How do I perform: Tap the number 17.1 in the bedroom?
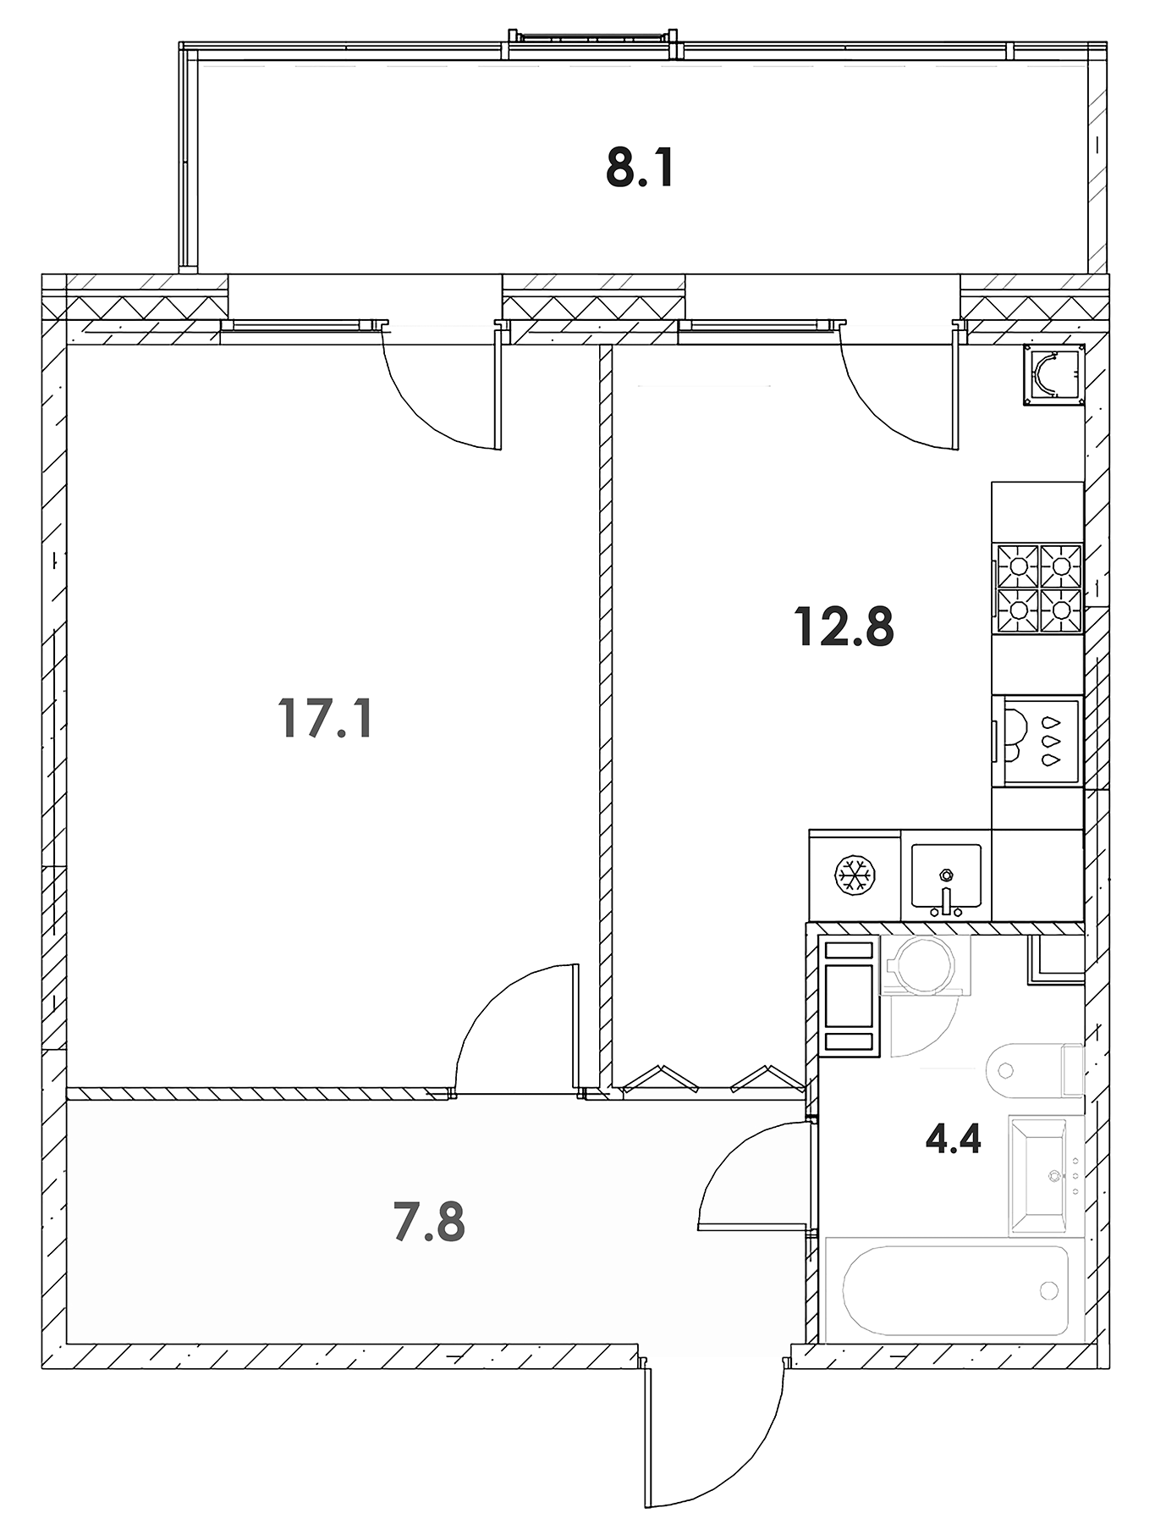pos(325,720)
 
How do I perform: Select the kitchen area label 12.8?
pos(844,627)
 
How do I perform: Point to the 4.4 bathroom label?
pos(953,1140)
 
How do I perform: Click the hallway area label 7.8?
pos(429,1223)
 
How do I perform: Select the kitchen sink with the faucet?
pos(946,881)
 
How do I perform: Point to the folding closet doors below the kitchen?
pos(707,1079)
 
